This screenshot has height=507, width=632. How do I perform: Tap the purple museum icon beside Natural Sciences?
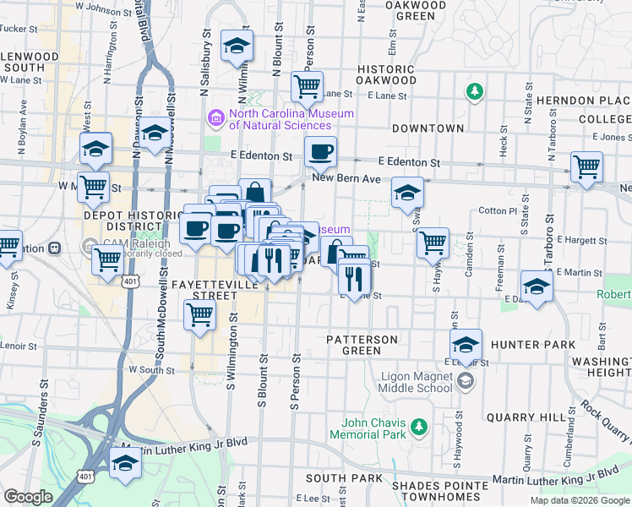(215, 118)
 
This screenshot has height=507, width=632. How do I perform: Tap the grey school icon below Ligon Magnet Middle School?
(464, 382)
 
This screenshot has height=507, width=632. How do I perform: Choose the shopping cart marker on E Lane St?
(307, 85)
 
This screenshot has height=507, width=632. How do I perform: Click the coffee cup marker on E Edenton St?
(320, 152)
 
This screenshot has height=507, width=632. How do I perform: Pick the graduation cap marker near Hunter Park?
(466, 345)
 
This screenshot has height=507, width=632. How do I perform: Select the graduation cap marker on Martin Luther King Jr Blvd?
(126, 463)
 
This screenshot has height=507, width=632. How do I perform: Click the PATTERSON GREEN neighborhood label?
(362, 345)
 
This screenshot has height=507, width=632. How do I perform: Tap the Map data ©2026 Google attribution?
(580, 500)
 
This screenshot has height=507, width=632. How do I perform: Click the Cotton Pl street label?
(498, 210)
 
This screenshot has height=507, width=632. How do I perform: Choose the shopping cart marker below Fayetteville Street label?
(200, 316)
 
